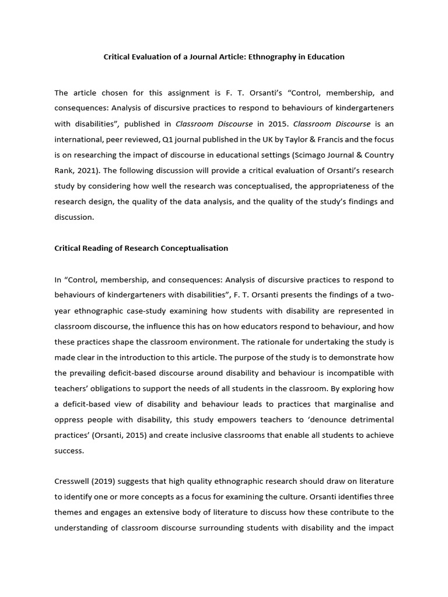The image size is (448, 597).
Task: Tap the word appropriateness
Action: click(345, 186)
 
